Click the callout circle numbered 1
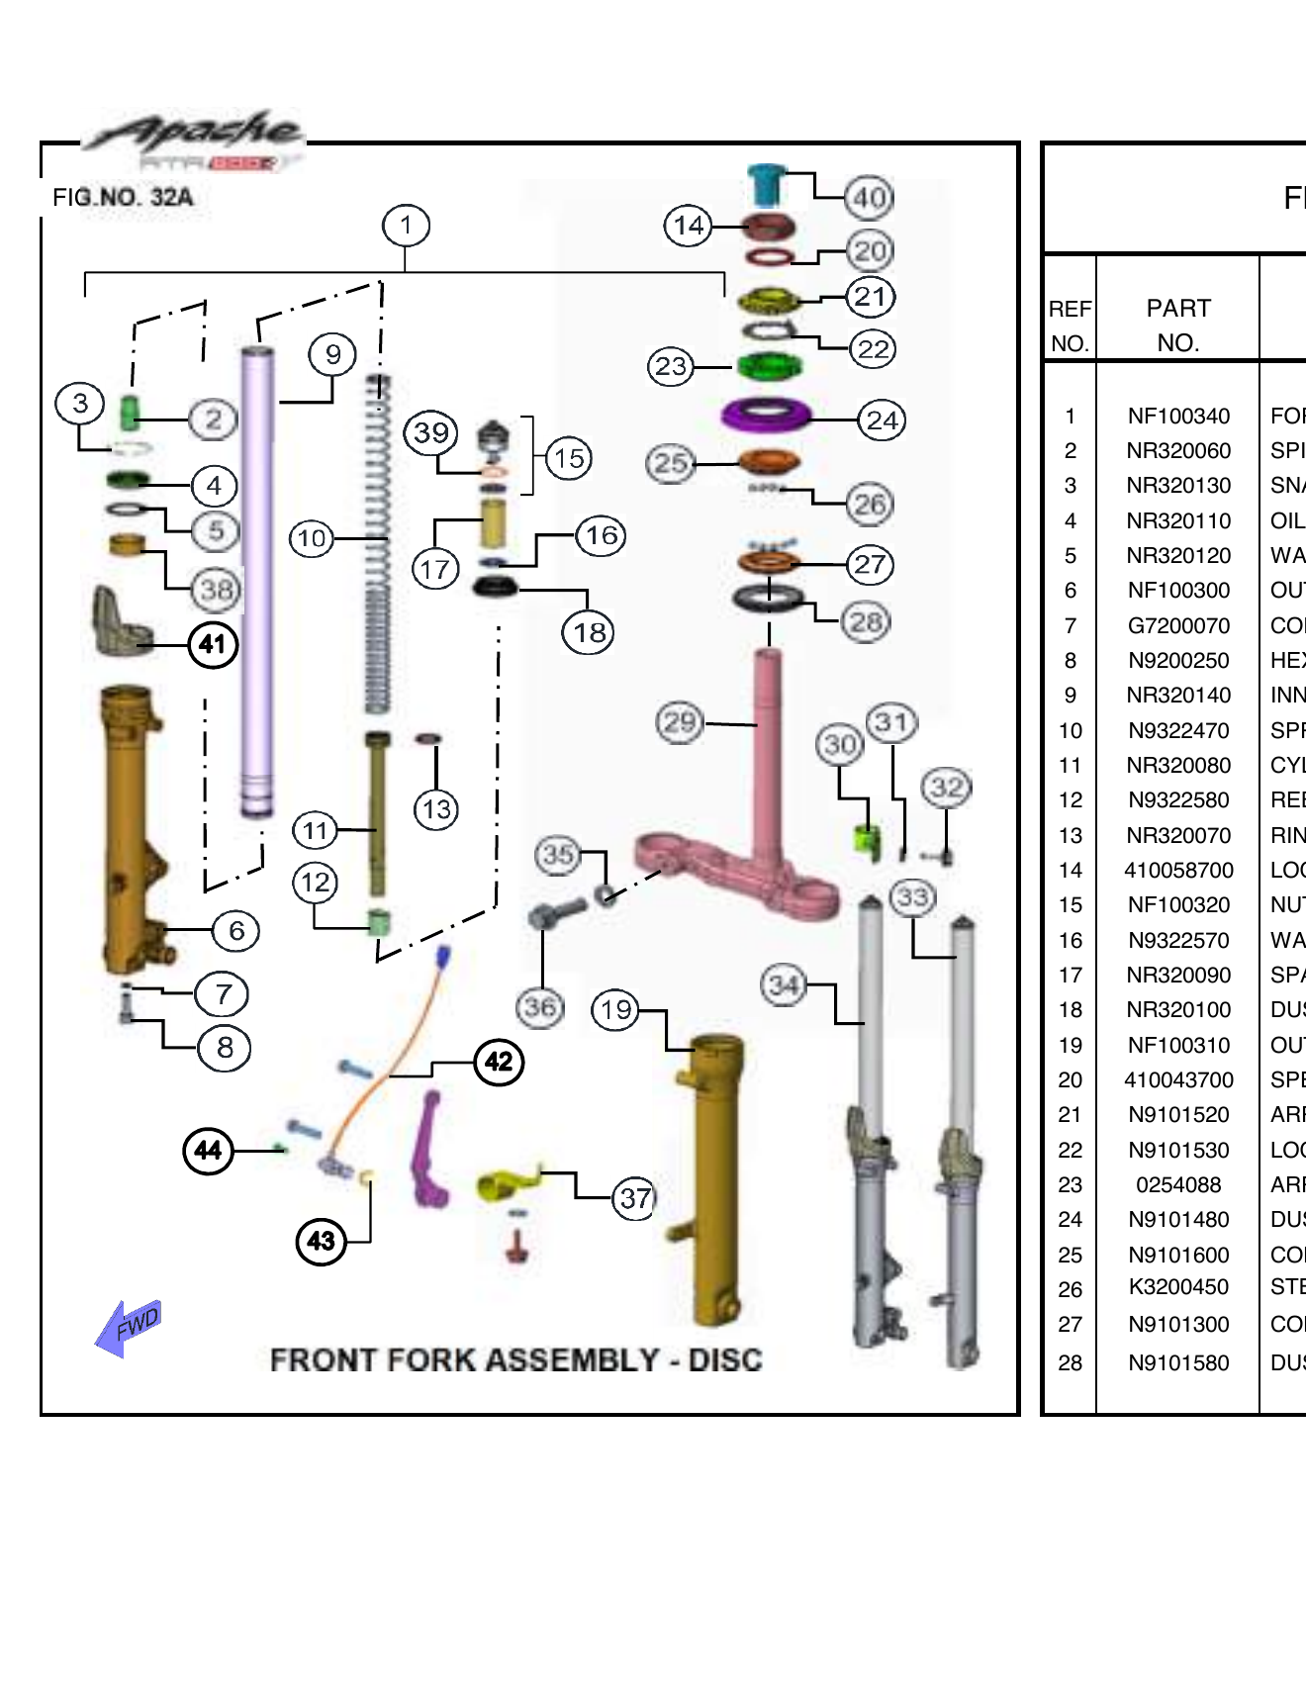click(x=406, y=226)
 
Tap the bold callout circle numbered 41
click(x=213, y=645)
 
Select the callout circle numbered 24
click(x=882, y=420)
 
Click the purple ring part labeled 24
click(x=767, y=414)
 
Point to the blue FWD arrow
click(x=129, y=1328)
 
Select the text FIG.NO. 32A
click(x=123, y=197)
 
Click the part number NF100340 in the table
click(x=1178, y=416)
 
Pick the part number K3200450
click(x=1178, y=1287)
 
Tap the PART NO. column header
click(x=1177, y=325)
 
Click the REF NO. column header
click(x=1070, y=326)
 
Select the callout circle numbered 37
click(x=635, y=1198)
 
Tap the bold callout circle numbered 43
click(x=322, y=1241)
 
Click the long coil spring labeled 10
click(x=377, y=544)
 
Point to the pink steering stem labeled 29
click(x=768, y=752)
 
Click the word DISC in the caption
click(x=725, y=1360)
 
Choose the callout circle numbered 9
click(x=333, y=354)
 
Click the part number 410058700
click(x=1178, y=871)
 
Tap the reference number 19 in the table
click(x=1070, y=1045)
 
